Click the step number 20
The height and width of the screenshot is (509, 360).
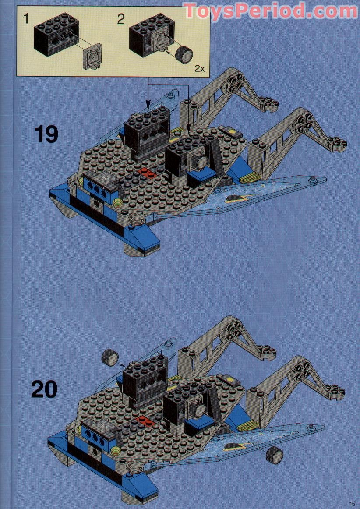(44, 389)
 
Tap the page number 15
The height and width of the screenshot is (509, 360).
(353, 503)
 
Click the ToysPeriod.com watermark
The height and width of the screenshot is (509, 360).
(270, 10)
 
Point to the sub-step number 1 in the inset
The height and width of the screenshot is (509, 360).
(27, 18)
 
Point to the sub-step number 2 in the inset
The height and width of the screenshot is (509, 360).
(121, 18)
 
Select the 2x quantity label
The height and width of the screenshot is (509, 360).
(199, 69)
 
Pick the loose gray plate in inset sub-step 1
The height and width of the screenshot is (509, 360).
(92, 56)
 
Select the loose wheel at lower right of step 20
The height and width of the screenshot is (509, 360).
(274, 456)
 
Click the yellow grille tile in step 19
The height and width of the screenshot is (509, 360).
(248, 177)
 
